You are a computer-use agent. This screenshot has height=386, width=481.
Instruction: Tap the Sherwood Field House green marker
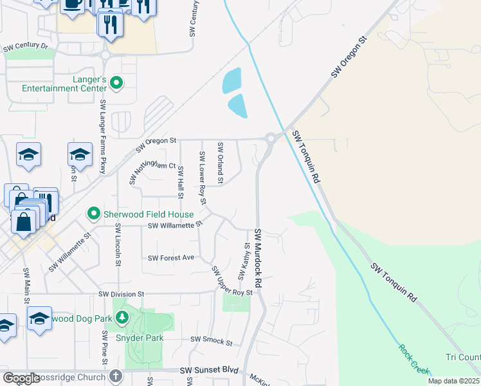[x=94, y=214]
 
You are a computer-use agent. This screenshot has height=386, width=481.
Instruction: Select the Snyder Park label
[x=140, y=338]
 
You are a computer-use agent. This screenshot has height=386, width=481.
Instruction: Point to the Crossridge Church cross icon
[x=116, y=374]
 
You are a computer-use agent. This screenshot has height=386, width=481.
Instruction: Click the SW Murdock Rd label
[x=260, y=257]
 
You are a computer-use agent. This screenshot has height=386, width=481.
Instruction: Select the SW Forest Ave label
[x=171, y=258]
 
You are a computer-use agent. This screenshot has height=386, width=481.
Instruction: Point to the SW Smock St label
[x=211, y=342]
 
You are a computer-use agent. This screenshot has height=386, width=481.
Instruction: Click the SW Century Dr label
[x=26, y=48]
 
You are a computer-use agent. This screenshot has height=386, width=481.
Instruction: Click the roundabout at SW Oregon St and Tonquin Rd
[x=271, y=137]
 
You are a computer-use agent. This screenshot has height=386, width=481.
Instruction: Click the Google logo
[x=21, y=378]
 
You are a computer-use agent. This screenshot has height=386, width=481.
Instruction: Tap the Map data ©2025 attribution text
[x=453, y=381]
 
